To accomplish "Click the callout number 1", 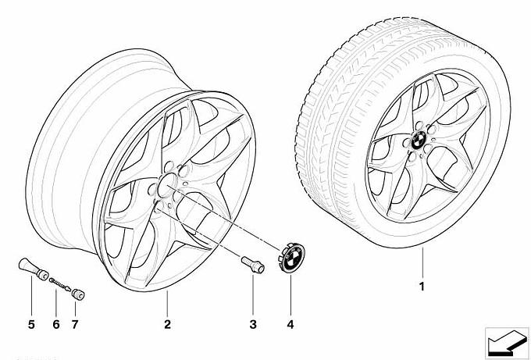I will point(422,287).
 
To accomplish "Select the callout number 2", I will point(167,323).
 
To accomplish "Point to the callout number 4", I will point(290,323).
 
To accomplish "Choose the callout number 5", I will point(32,323).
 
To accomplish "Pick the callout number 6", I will point(55,323).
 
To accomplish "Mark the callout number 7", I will point(77,323).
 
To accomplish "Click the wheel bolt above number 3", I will point(251,263).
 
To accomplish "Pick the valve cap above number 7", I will point(78,294).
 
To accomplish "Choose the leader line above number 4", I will point(290,293).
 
